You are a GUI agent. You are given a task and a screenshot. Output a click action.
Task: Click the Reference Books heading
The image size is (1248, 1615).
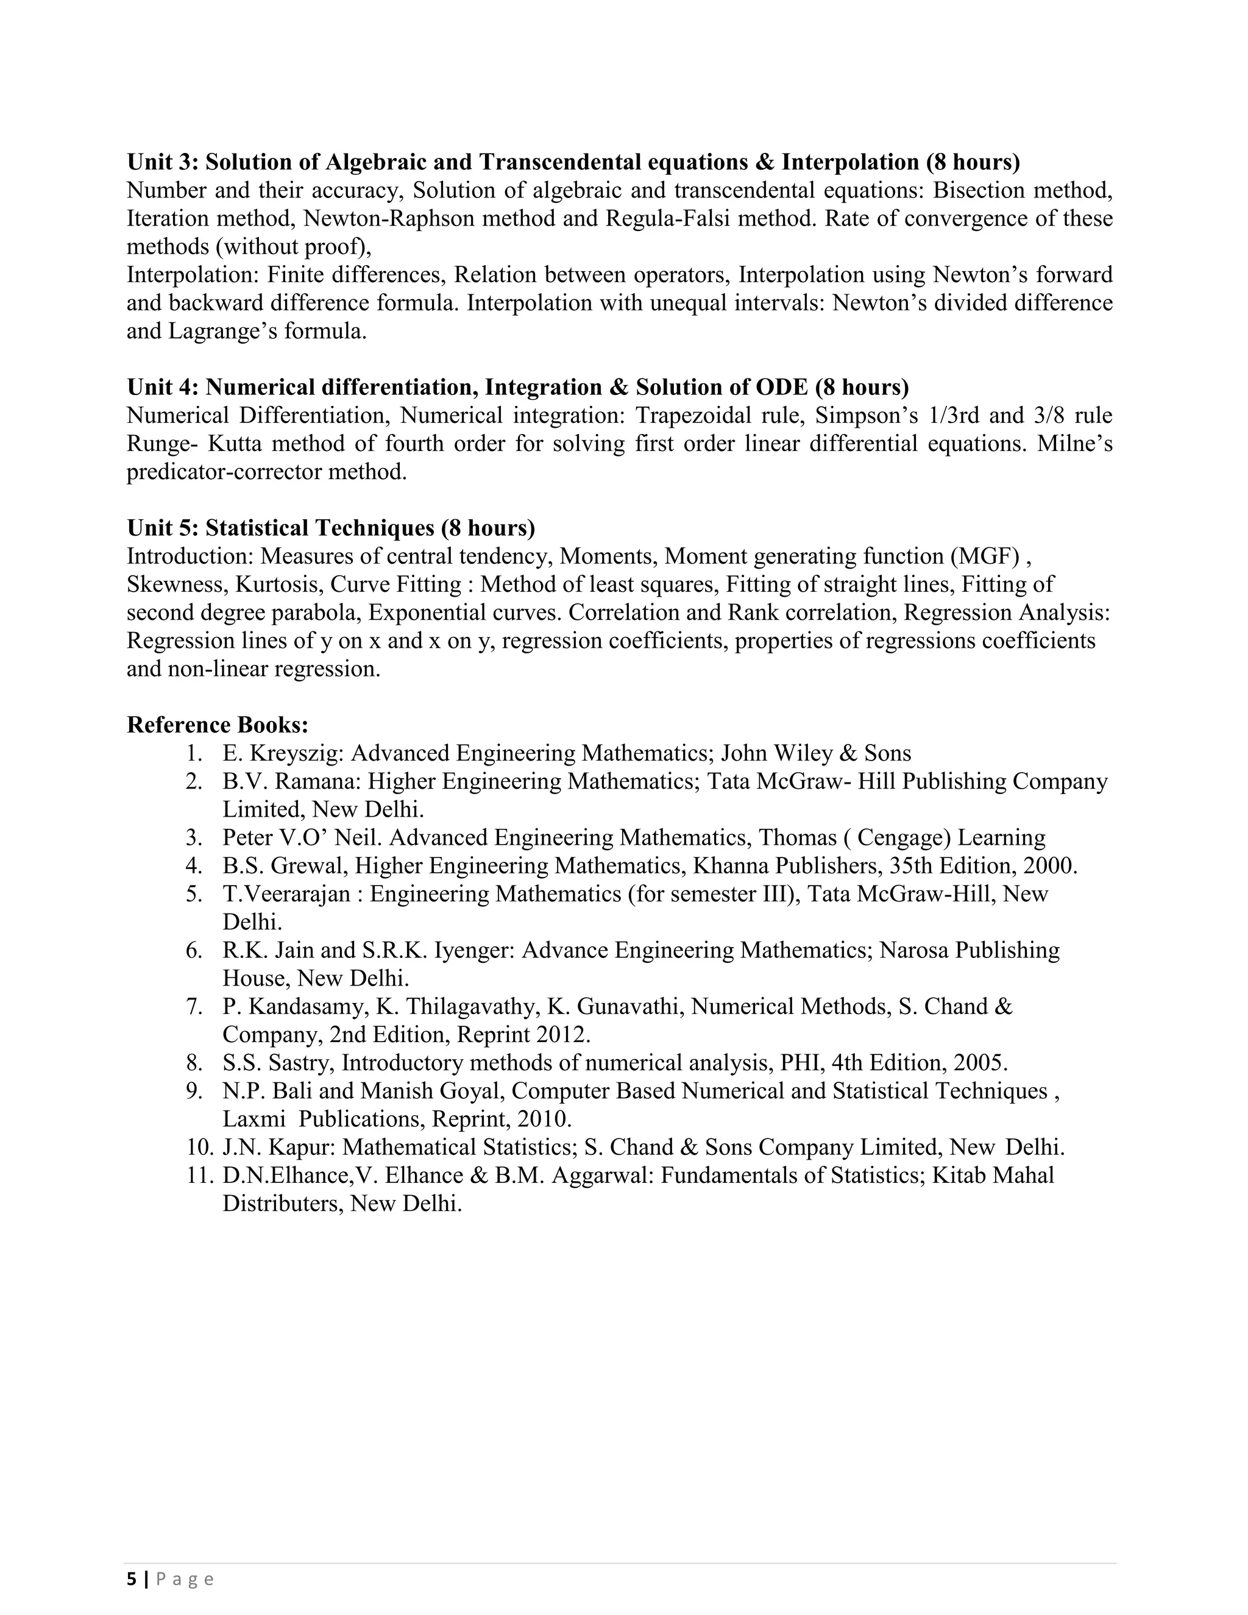[218, 724]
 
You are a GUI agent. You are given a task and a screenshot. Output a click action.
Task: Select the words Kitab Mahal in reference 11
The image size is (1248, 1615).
[993, 1175]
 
